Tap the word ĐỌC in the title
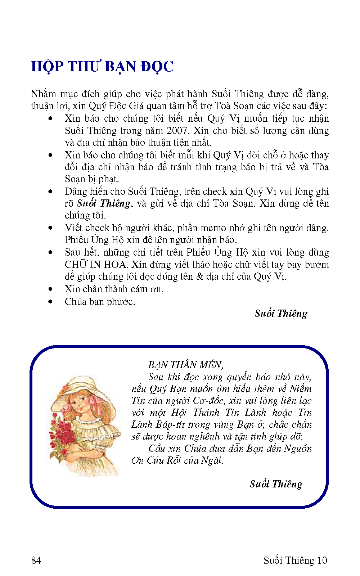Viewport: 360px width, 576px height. click(157, 67)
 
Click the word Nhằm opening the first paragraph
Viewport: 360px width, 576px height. click(44, 94)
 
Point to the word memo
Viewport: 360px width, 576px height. click(213, 228)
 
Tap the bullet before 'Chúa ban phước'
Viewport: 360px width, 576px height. click(50, 302)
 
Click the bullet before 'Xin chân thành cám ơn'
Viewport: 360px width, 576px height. click(50, 289)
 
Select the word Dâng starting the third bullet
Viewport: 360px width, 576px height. click(76, 192)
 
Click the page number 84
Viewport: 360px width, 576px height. click(36, 560)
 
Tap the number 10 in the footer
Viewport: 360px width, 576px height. click(322, 560)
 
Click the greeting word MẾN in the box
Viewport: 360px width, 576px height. click(211, 365)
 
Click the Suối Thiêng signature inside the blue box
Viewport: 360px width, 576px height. click(276, 484)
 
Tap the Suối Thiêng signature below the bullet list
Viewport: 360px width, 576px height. click(281, 314)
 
